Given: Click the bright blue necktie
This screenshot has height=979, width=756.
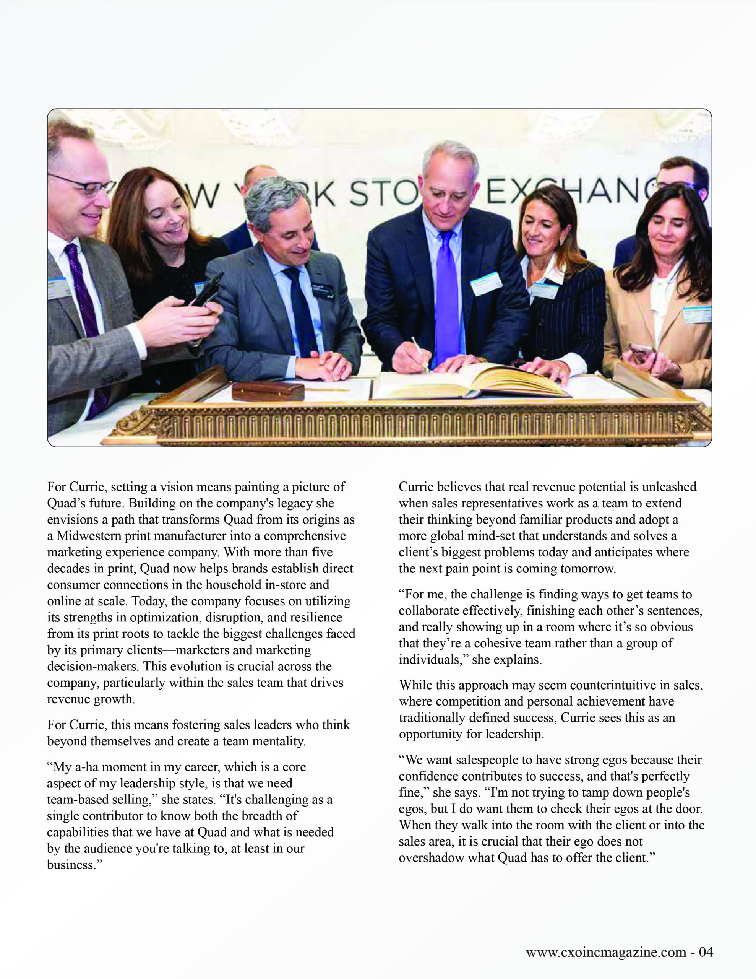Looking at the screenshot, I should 447,296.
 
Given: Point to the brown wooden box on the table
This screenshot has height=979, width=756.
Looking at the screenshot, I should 268,391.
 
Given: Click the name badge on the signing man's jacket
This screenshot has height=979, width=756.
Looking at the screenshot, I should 486,283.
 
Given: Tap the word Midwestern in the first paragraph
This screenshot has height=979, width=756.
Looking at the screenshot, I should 88,536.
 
